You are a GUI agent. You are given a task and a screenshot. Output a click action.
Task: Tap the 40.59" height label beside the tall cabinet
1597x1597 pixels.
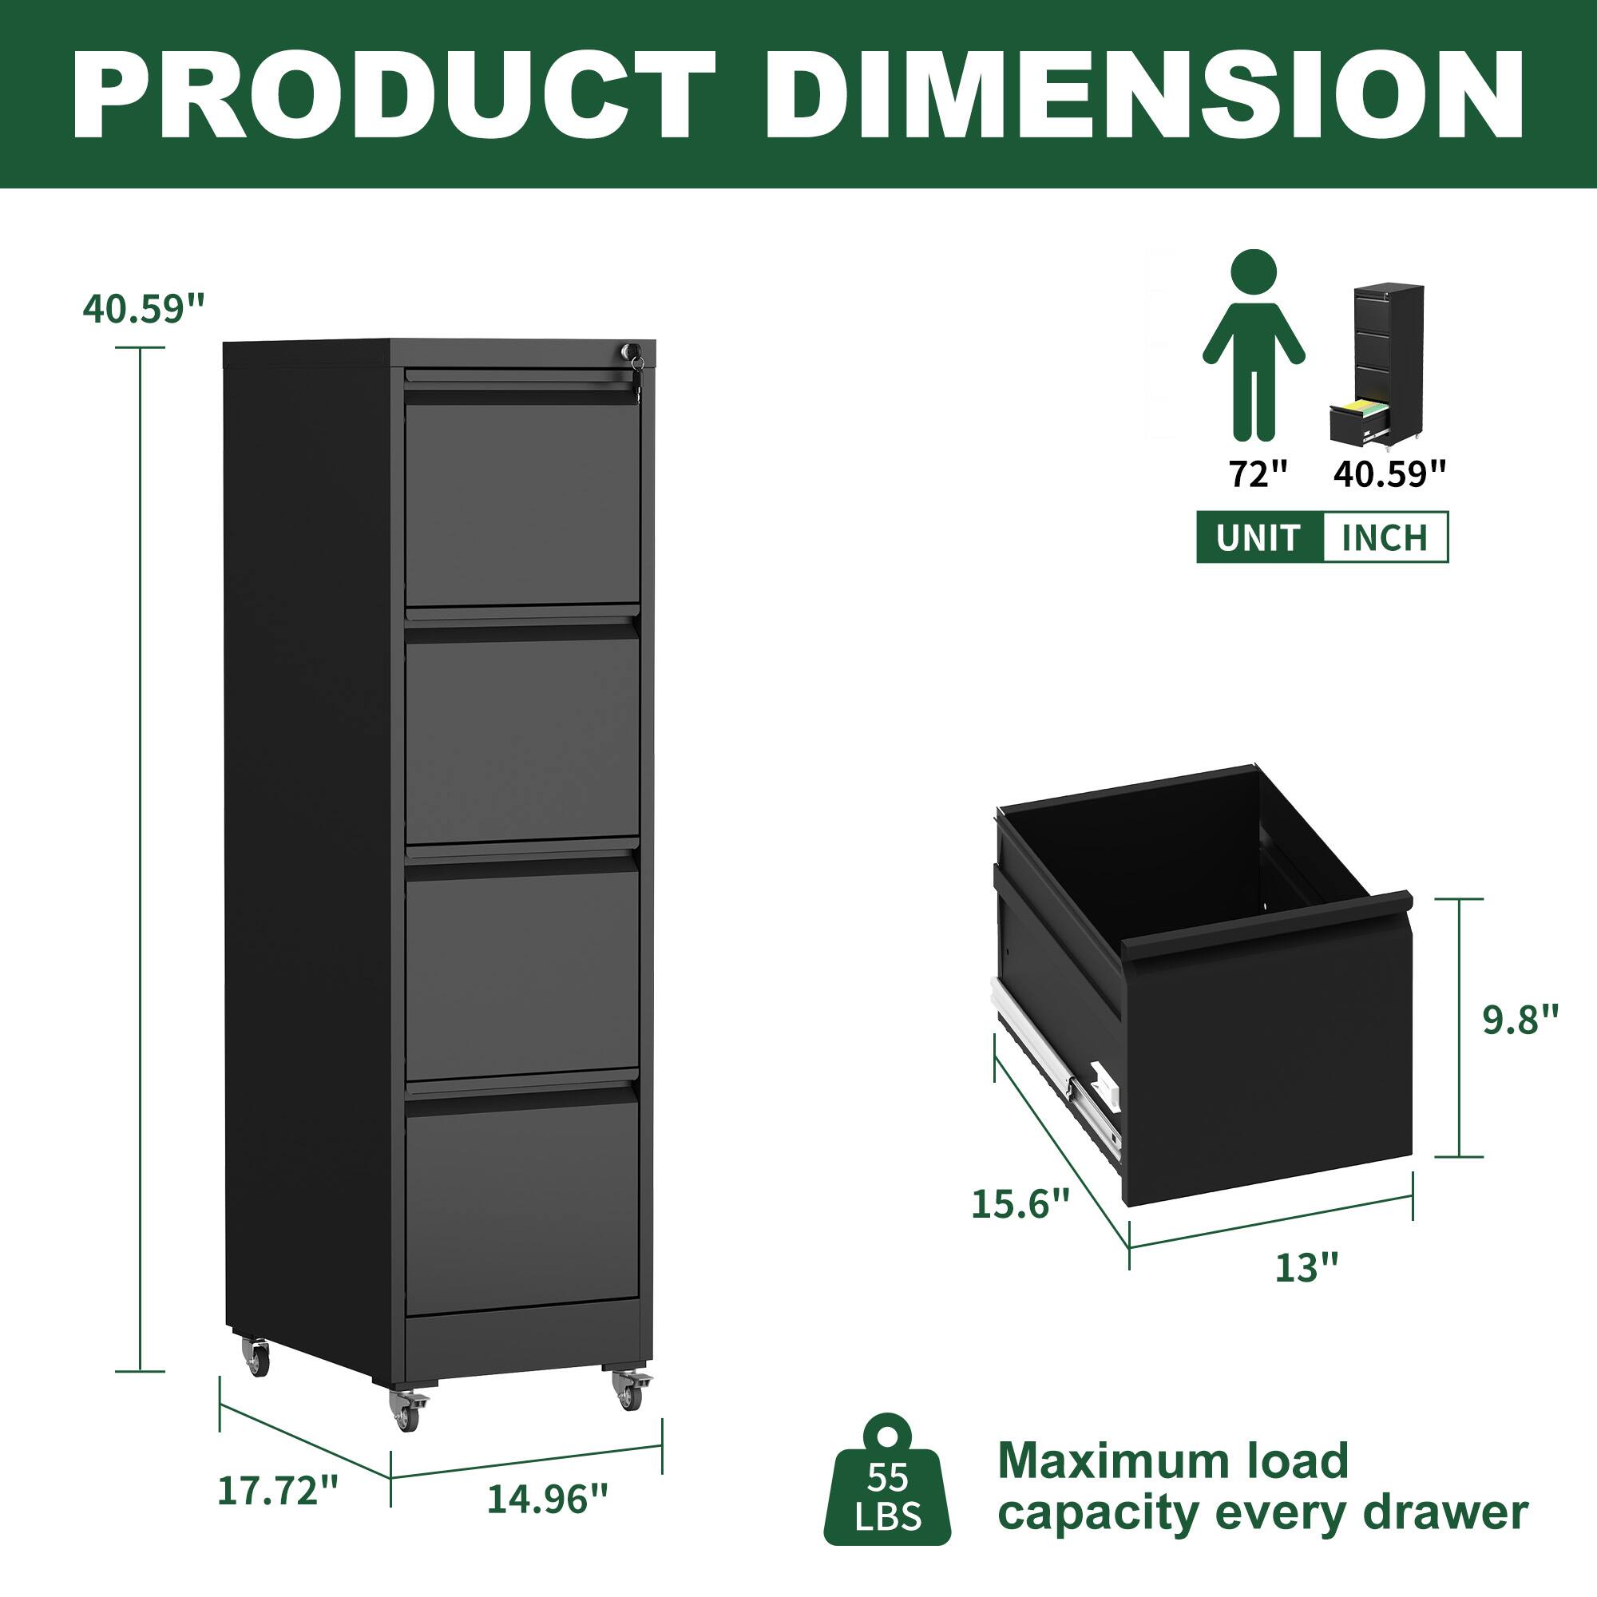[142, 309]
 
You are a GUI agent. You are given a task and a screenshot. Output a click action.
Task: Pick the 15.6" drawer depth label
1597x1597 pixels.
[1020, 1203]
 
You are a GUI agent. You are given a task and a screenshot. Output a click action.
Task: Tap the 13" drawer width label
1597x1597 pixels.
[1306, 1290]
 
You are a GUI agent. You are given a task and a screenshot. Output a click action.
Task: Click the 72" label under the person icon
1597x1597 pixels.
[1258, 474]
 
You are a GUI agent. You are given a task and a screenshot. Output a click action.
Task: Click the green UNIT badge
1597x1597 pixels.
[1258, 538]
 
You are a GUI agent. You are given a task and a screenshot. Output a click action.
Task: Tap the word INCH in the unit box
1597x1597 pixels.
[1385, 538]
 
